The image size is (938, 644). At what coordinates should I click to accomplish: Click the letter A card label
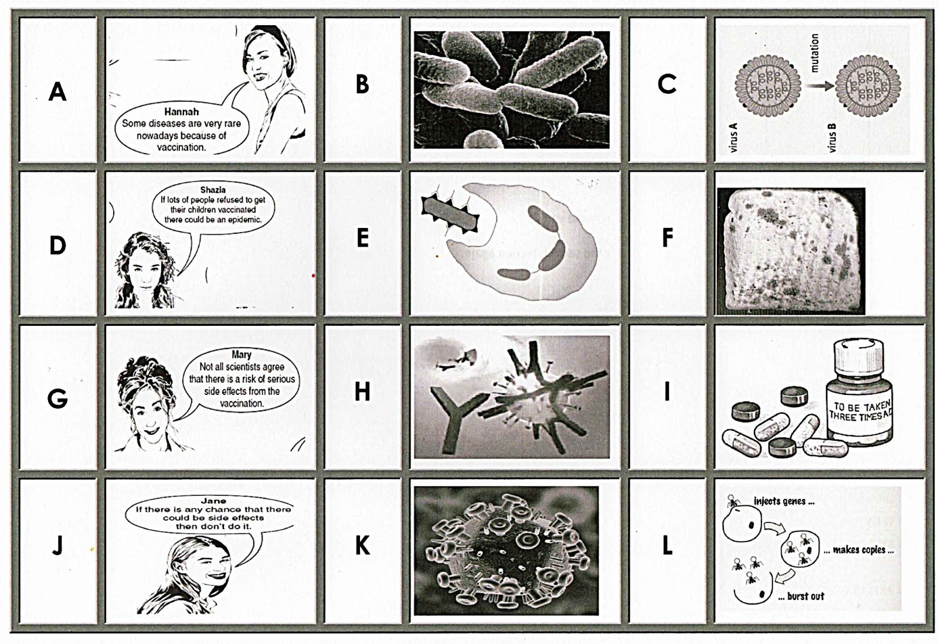tap(57, 91)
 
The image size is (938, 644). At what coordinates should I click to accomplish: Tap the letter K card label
tap(362, 545)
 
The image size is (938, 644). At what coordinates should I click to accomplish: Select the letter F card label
tap(667, 237)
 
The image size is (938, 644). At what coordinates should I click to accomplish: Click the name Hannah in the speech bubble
tap(181, 112)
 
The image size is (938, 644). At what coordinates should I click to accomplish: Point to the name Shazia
tap(213, 189)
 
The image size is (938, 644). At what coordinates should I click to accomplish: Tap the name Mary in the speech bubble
tap(242, 355)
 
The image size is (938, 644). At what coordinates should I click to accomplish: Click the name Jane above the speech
tap(213, 500)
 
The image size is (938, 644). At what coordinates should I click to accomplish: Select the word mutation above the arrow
tap(814, 53)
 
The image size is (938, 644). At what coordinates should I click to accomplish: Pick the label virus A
tap(733, 137)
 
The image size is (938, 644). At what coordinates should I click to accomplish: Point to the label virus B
tap(832, 137)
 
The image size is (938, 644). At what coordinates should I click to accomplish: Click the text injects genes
tap(784, 501)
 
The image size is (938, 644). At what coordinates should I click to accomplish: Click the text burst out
tap(801, 597)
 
